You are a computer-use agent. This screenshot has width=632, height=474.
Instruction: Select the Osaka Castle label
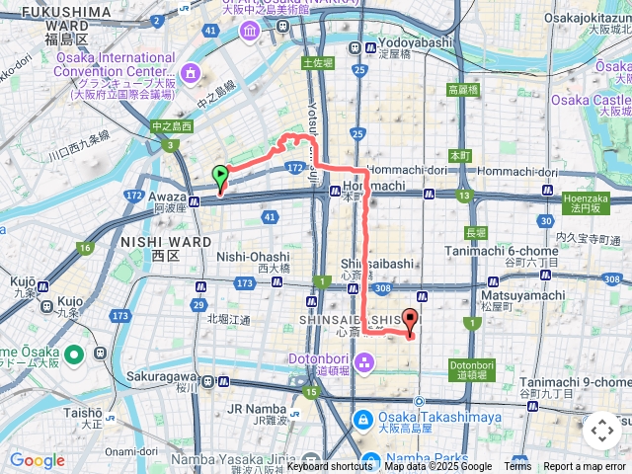point(591,100)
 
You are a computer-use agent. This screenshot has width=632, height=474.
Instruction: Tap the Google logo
point(37,460)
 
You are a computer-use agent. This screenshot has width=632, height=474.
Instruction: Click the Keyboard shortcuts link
point(330,467)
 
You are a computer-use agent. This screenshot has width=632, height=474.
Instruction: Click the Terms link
point(517,467)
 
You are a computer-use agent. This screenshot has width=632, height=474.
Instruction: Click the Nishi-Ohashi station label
point(248,258)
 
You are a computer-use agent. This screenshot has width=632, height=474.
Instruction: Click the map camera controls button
point(601,431)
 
